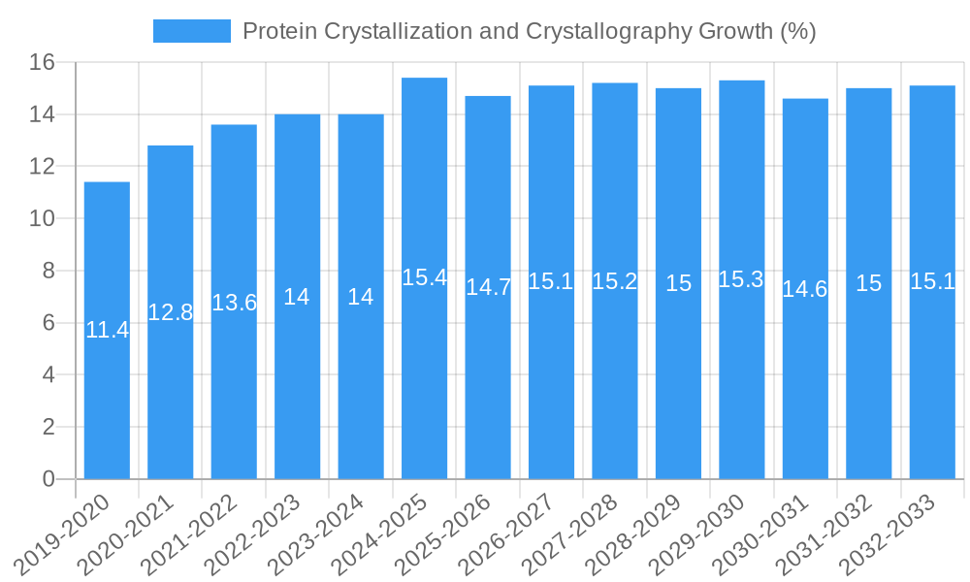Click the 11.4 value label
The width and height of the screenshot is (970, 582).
pyautogui.click(x=107, y=330)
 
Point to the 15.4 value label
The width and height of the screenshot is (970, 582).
pyautogui.click(x=424, y=277)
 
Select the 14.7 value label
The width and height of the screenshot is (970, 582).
pyautogui.click(x=488, y=287)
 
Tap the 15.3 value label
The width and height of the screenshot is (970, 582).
pyautogui.click(x=741, y=279)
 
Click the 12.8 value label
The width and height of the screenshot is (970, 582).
pyautogui.click(x=171, y=312)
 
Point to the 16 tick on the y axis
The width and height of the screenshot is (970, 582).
pyautogui.click(x=42, y=63)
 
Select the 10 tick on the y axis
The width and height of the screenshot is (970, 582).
pyautogui.click(x=42, y=219)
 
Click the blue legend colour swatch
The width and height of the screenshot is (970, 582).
pyautogui.click(x=191, y=31)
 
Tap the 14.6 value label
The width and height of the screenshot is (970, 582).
pyautogui.click(x=805, y=289)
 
